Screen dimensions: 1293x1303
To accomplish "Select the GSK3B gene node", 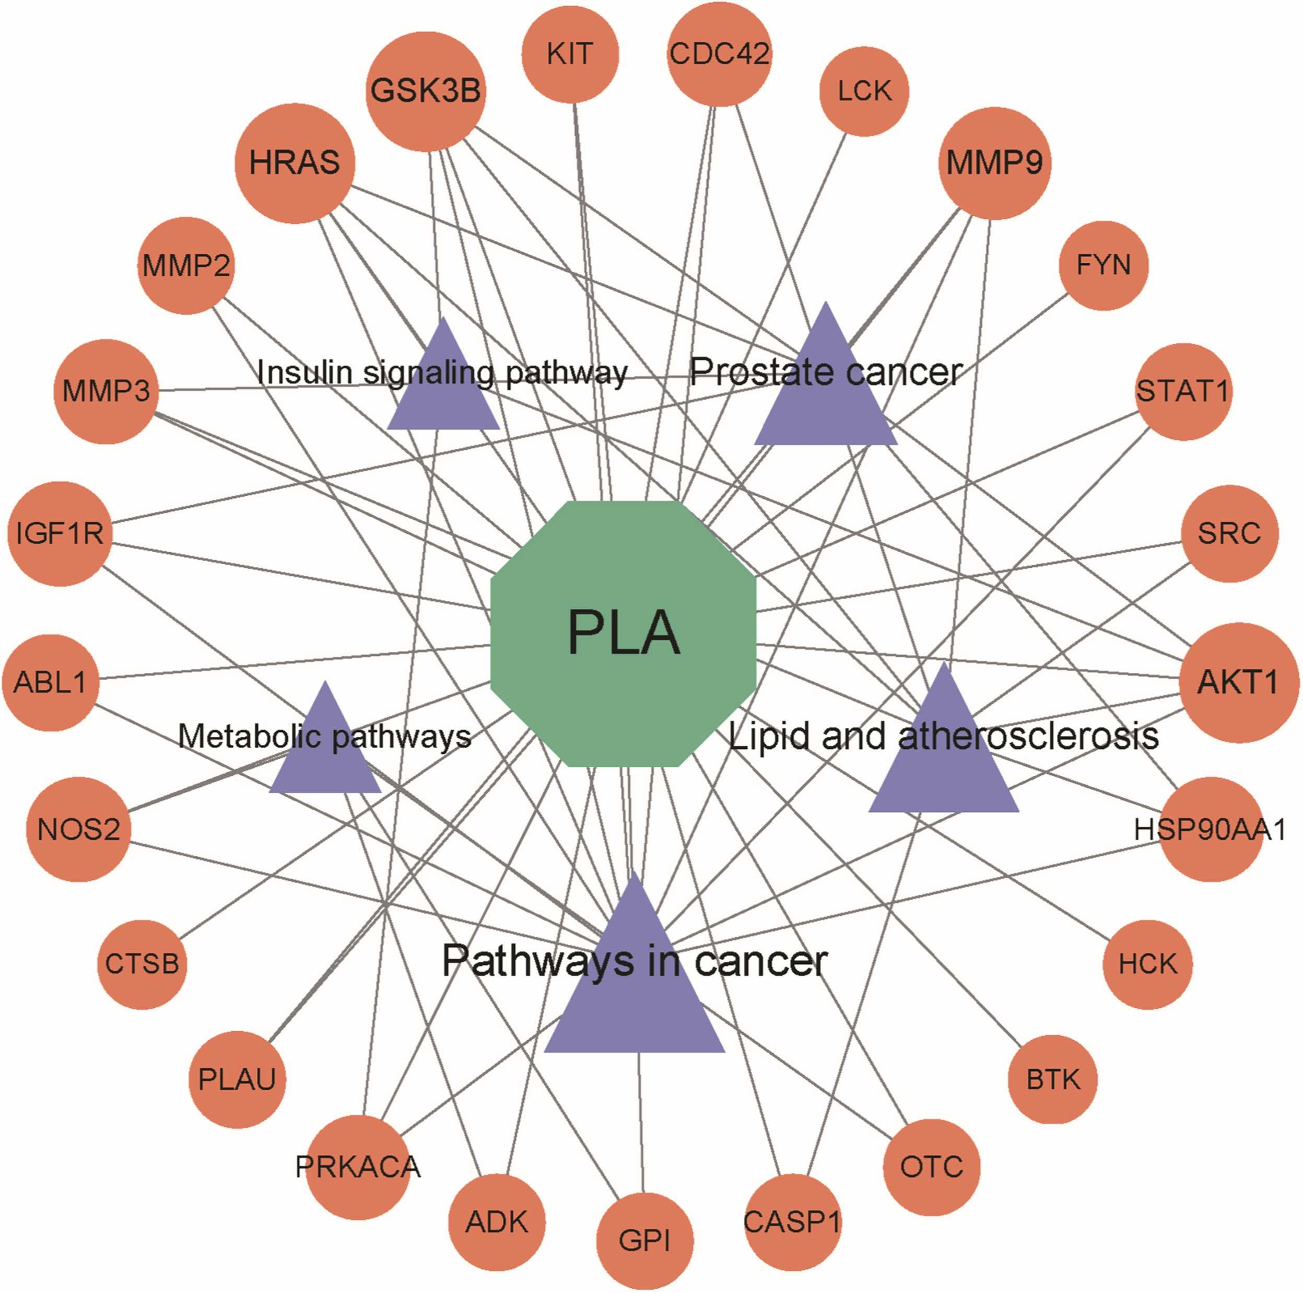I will point(426,91).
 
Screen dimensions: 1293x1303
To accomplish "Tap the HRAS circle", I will point(295,162).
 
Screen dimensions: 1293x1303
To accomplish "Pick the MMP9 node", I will point(994,162).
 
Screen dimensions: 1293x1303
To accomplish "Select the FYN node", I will point(1104,265).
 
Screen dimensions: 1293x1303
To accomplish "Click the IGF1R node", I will point(60,533).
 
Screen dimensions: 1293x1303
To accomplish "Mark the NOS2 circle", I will point(78,830).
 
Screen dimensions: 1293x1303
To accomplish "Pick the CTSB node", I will point(142,964).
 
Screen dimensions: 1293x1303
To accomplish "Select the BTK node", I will point(1053,1079).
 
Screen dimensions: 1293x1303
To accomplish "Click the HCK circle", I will point(1147,964).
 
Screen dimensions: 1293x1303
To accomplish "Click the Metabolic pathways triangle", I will point(325,749).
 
